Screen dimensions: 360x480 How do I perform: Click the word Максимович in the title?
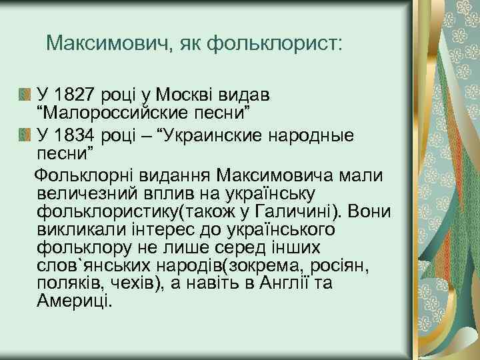pos(107,45)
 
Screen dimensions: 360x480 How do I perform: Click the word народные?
pos(311,135)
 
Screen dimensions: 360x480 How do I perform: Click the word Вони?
pos(367,211)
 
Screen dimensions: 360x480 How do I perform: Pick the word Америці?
pos(76,300)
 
